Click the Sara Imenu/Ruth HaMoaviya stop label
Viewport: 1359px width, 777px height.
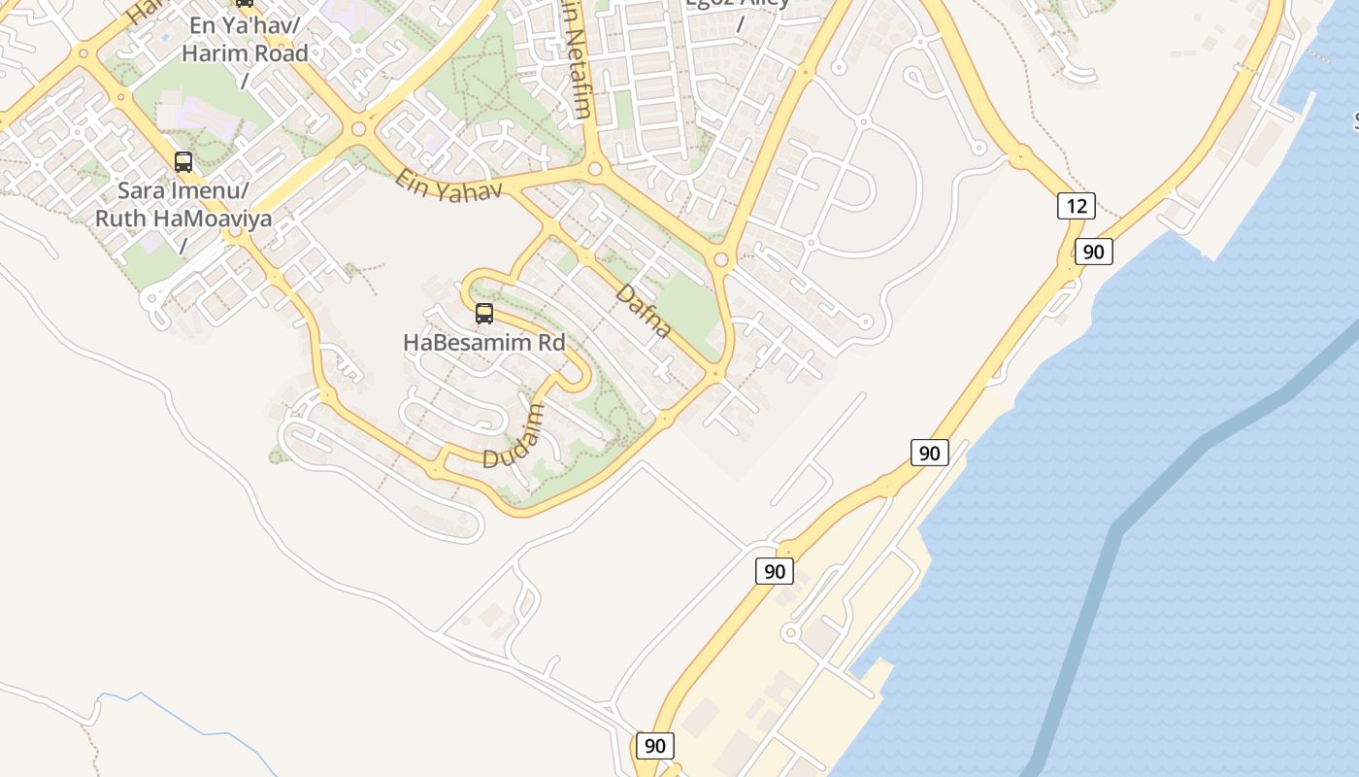[x=182, y=204]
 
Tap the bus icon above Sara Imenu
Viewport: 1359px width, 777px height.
[x=183, y=162]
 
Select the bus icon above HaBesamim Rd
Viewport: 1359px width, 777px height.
[x=484, y=314]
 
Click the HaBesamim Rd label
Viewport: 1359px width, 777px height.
[x=484, y=343]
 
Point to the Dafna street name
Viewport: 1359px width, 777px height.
[x=644, y=311]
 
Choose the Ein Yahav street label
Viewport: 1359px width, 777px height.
[x=448, y=186]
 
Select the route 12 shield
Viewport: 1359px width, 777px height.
[x=1076, y=206]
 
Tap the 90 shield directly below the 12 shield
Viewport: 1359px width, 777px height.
[x=1093, y=253]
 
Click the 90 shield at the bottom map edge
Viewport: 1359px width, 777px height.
[x=655, y=746]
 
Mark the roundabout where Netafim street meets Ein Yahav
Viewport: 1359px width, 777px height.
[x=594, y=169]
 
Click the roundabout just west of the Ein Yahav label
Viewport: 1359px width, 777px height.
[x=359, y=128]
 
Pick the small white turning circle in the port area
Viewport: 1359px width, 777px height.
[x=790, y=633]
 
